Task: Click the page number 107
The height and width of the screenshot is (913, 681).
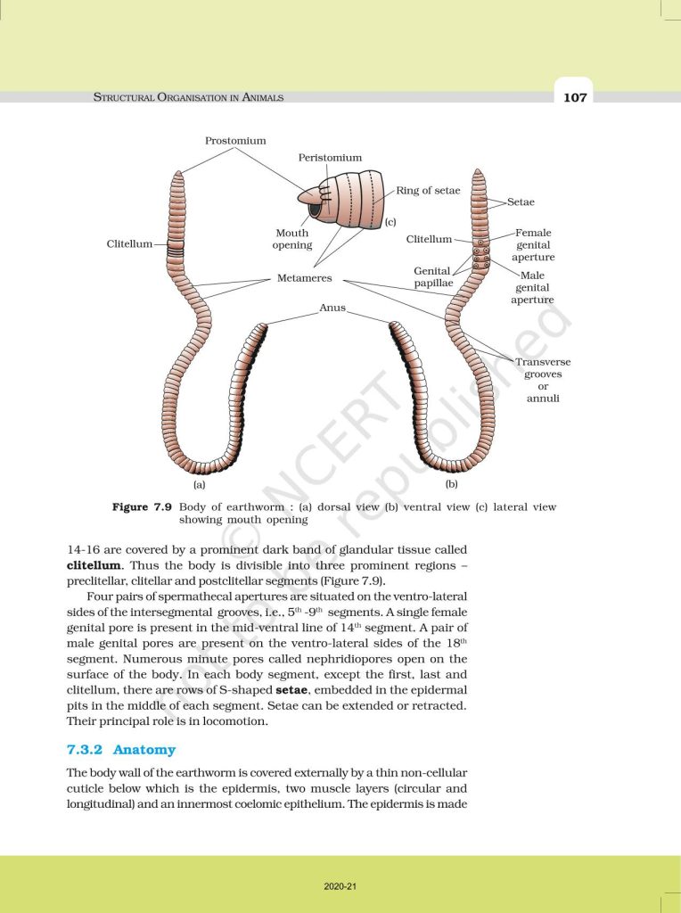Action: (575, 97)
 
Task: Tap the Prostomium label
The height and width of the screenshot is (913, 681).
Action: (235, 140)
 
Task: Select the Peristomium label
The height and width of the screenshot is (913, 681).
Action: (330, 158)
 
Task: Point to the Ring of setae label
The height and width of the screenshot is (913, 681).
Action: (428, 191)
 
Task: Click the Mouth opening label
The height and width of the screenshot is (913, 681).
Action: (292, 239)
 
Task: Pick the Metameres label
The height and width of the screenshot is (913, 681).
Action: (305, 278)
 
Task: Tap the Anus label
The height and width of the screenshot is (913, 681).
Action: (332, 307)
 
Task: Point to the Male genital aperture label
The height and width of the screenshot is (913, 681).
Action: (532, 287)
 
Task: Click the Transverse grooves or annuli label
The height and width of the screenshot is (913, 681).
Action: (543, 380)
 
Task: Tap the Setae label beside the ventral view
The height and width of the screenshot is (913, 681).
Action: (521, 202)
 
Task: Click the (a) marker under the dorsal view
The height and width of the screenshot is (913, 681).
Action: (199, 485)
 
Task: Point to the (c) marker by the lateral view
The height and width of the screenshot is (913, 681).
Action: (390, 221)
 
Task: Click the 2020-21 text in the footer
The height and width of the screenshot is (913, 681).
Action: (340, 886)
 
